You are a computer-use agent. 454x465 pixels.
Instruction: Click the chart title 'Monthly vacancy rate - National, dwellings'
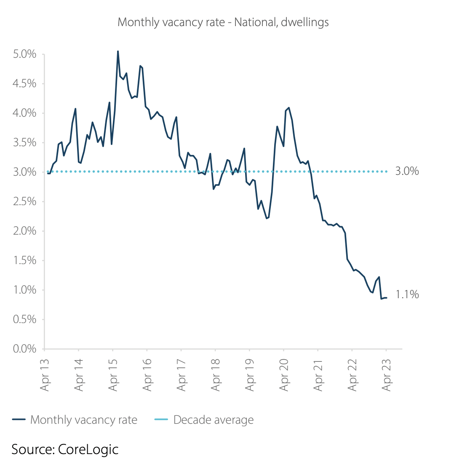(x=223, y=22)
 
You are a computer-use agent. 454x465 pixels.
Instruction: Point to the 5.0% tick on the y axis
(x=24, y=54)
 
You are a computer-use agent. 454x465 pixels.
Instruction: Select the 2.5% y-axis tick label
(x=24, y=202)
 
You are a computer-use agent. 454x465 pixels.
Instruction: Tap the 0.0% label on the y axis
(x=24, y=349)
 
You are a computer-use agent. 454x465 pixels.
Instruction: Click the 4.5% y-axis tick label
(x=24, y=84)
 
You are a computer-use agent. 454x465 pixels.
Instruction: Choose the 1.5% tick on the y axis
(x=24, y=261)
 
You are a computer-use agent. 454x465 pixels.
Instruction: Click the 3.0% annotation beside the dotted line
(x=407, y=171)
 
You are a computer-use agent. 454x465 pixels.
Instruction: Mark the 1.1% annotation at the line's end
(x=407, y=295)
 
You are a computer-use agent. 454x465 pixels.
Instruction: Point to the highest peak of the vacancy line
(x=118, y=51)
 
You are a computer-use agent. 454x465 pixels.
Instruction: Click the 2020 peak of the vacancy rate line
(x=288, y=108)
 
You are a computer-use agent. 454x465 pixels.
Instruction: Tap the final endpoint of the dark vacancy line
(x=387, y=298)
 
